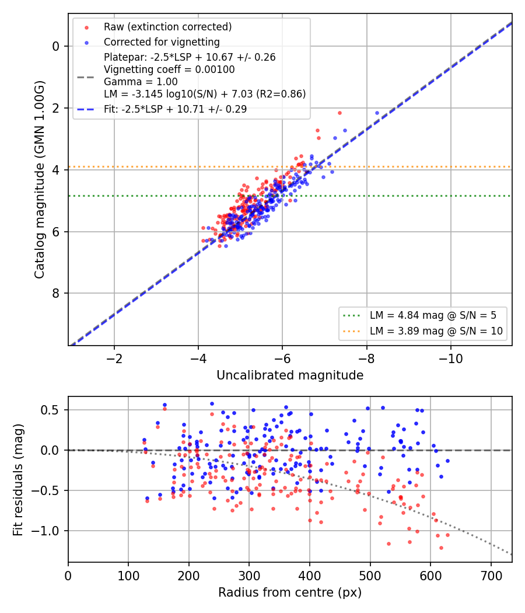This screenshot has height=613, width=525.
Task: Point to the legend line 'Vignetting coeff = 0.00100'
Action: coord(169,69)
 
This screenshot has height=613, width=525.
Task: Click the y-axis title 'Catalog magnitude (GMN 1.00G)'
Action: coord(40,180)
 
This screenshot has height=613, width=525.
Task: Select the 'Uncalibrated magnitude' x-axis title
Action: coord(290,375)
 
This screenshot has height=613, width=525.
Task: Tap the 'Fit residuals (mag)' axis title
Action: coord(18,480)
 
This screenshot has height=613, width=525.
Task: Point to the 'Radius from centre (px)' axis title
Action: coord(290,593)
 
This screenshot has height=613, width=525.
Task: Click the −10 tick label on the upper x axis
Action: coord(451,358)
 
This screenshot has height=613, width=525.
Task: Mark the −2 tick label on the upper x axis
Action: coord(114,358)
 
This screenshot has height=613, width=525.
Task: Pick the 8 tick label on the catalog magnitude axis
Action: coord(56,293)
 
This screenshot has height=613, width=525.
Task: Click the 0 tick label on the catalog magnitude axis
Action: coord(56,47)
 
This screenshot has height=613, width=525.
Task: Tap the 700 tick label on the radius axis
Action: coord(491,576)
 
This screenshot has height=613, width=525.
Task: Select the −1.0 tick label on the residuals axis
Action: coord(45,531)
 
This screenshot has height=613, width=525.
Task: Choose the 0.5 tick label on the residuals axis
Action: coord(50,410)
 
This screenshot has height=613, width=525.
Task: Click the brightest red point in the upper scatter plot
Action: coord(340,113)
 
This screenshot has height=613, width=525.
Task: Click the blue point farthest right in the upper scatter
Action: coord(377,113)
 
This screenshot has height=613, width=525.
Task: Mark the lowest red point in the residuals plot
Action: coord(442,548)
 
